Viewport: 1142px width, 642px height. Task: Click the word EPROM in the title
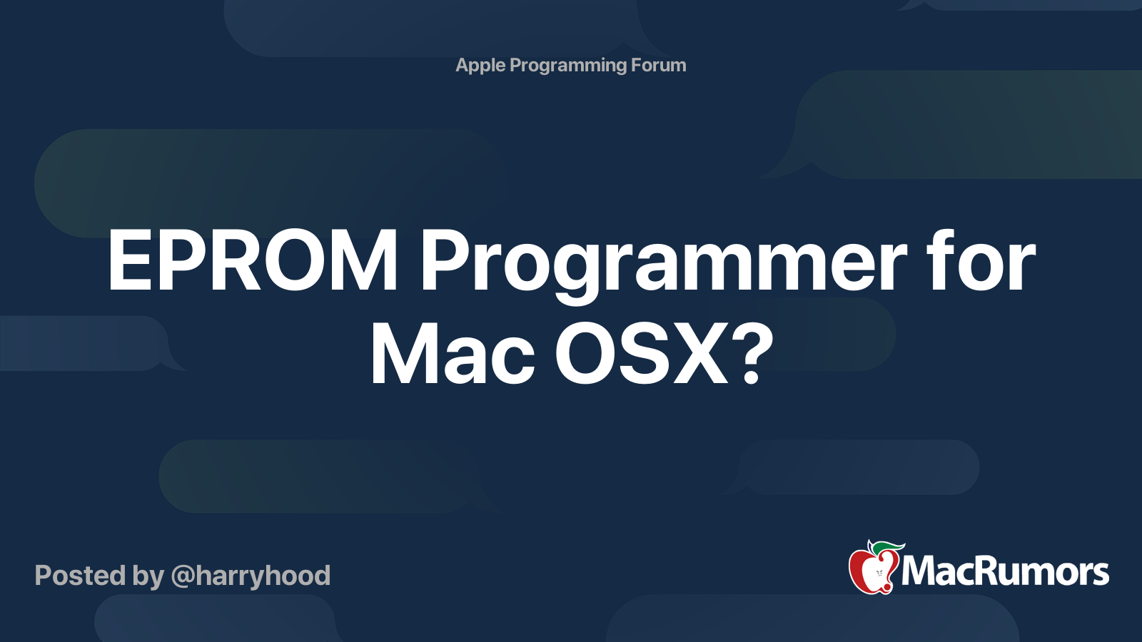tap(252, 261)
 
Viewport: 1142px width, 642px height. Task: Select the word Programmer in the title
tap(663, 261)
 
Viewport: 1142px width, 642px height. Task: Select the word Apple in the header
tap(480, 66)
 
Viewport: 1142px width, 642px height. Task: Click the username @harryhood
tap(251, 576)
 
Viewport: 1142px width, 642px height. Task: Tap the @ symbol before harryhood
tap(182, 576)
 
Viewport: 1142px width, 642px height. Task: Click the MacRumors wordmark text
tap(1005, 571)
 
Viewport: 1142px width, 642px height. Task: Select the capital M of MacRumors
tap(918, 571)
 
